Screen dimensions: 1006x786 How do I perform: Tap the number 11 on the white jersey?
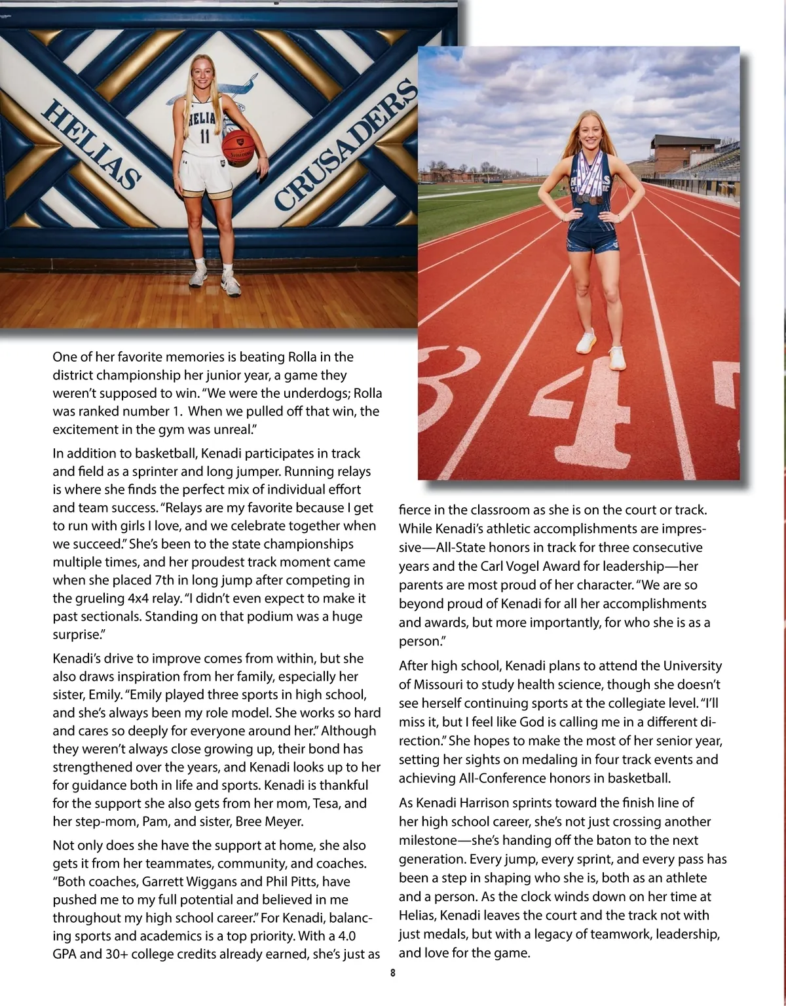[204, 137]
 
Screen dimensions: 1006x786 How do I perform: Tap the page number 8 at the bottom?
[392, 973]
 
